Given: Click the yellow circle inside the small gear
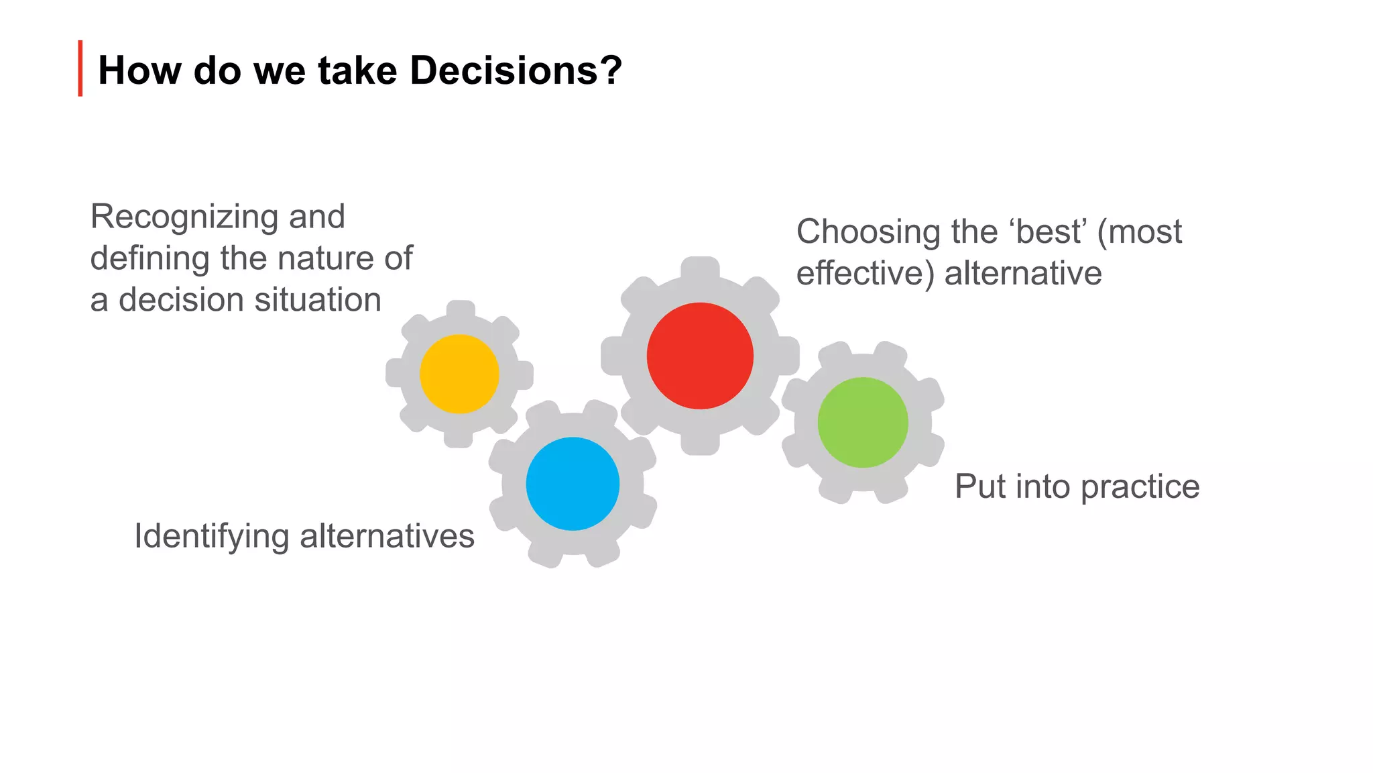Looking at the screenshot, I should point(459,374).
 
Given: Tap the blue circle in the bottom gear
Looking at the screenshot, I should point(573,484).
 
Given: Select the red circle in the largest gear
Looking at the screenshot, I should point(700,356).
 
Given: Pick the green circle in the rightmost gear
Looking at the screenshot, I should point(863,423).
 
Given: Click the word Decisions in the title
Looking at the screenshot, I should point(515,70).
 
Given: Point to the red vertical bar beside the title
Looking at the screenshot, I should point(80,68).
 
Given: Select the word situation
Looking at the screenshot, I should point(318,300).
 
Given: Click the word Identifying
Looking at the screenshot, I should point(211,537).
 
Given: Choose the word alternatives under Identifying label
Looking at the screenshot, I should point(387,537).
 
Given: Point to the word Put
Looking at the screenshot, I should point(979,486).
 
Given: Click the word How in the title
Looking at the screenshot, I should point(139,70).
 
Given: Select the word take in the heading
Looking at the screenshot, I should point(357,70).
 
